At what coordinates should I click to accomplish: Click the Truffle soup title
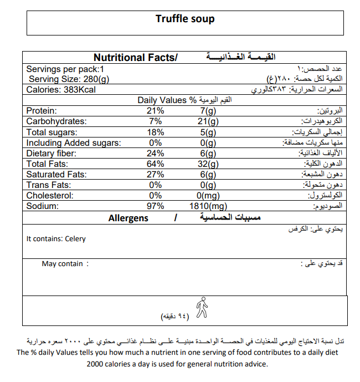tap(185, 19)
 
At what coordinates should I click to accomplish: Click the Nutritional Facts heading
tap(135, 58)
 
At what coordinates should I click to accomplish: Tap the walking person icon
tap(202, 307)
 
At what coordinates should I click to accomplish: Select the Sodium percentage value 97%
tap(156, 206)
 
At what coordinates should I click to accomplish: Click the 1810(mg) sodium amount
tap(210, 206)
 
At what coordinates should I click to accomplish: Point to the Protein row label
tap(42, 111)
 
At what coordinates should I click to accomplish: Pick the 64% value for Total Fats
tap(156, 164)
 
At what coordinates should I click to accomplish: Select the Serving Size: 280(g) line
tap(69, 79)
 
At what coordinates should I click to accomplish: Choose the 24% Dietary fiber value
tap(156, 153)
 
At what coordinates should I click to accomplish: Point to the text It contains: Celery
tap(56, 239)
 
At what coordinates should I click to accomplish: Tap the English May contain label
tap(62, 264)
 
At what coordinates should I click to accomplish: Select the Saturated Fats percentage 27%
tap(156, 174)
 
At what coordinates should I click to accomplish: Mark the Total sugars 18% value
tap(156, 132)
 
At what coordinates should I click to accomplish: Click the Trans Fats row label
tap(49, 185)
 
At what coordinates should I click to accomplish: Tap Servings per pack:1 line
tap(65, 69)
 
